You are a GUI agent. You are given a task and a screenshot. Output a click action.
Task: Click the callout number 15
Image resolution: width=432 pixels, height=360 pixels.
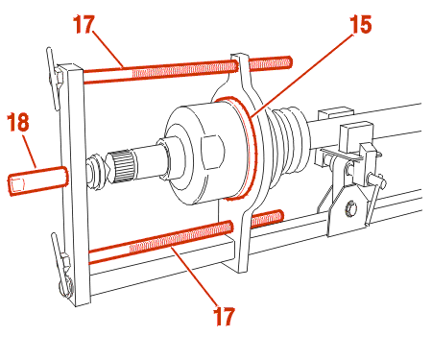point(361,24)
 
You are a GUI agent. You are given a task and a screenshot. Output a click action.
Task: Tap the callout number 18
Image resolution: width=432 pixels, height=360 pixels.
point(18,122)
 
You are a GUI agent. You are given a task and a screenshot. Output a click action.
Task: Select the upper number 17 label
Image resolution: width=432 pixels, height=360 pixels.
point(84,24)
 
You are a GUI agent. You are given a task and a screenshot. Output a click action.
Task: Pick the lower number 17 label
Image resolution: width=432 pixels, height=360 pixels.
point(224,316)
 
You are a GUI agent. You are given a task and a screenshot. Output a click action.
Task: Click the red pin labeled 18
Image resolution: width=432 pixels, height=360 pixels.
point(37,180)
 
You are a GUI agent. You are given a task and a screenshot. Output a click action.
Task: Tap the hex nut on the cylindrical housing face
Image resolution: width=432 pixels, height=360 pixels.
point(211,153)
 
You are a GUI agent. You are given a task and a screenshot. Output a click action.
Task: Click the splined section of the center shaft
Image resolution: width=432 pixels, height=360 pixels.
point(121,165)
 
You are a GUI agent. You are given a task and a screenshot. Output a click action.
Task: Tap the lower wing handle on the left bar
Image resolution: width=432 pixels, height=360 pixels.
point(62,264)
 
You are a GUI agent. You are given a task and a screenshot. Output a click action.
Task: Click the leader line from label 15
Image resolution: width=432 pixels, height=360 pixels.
point(302,75)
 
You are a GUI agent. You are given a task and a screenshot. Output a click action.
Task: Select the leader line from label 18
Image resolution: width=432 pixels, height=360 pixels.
point(29,151)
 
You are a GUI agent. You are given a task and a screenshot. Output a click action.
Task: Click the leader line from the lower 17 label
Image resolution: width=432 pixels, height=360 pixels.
point(196,275)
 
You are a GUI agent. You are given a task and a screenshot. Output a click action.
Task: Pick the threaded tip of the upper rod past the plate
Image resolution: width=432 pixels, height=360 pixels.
point(271,62)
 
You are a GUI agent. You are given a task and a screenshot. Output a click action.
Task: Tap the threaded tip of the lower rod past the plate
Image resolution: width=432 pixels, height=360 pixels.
point(267,219)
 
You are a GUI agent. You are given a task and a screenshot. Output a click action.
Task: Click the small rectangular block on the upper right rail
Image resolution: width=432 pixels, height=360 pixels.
point(335,114)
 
